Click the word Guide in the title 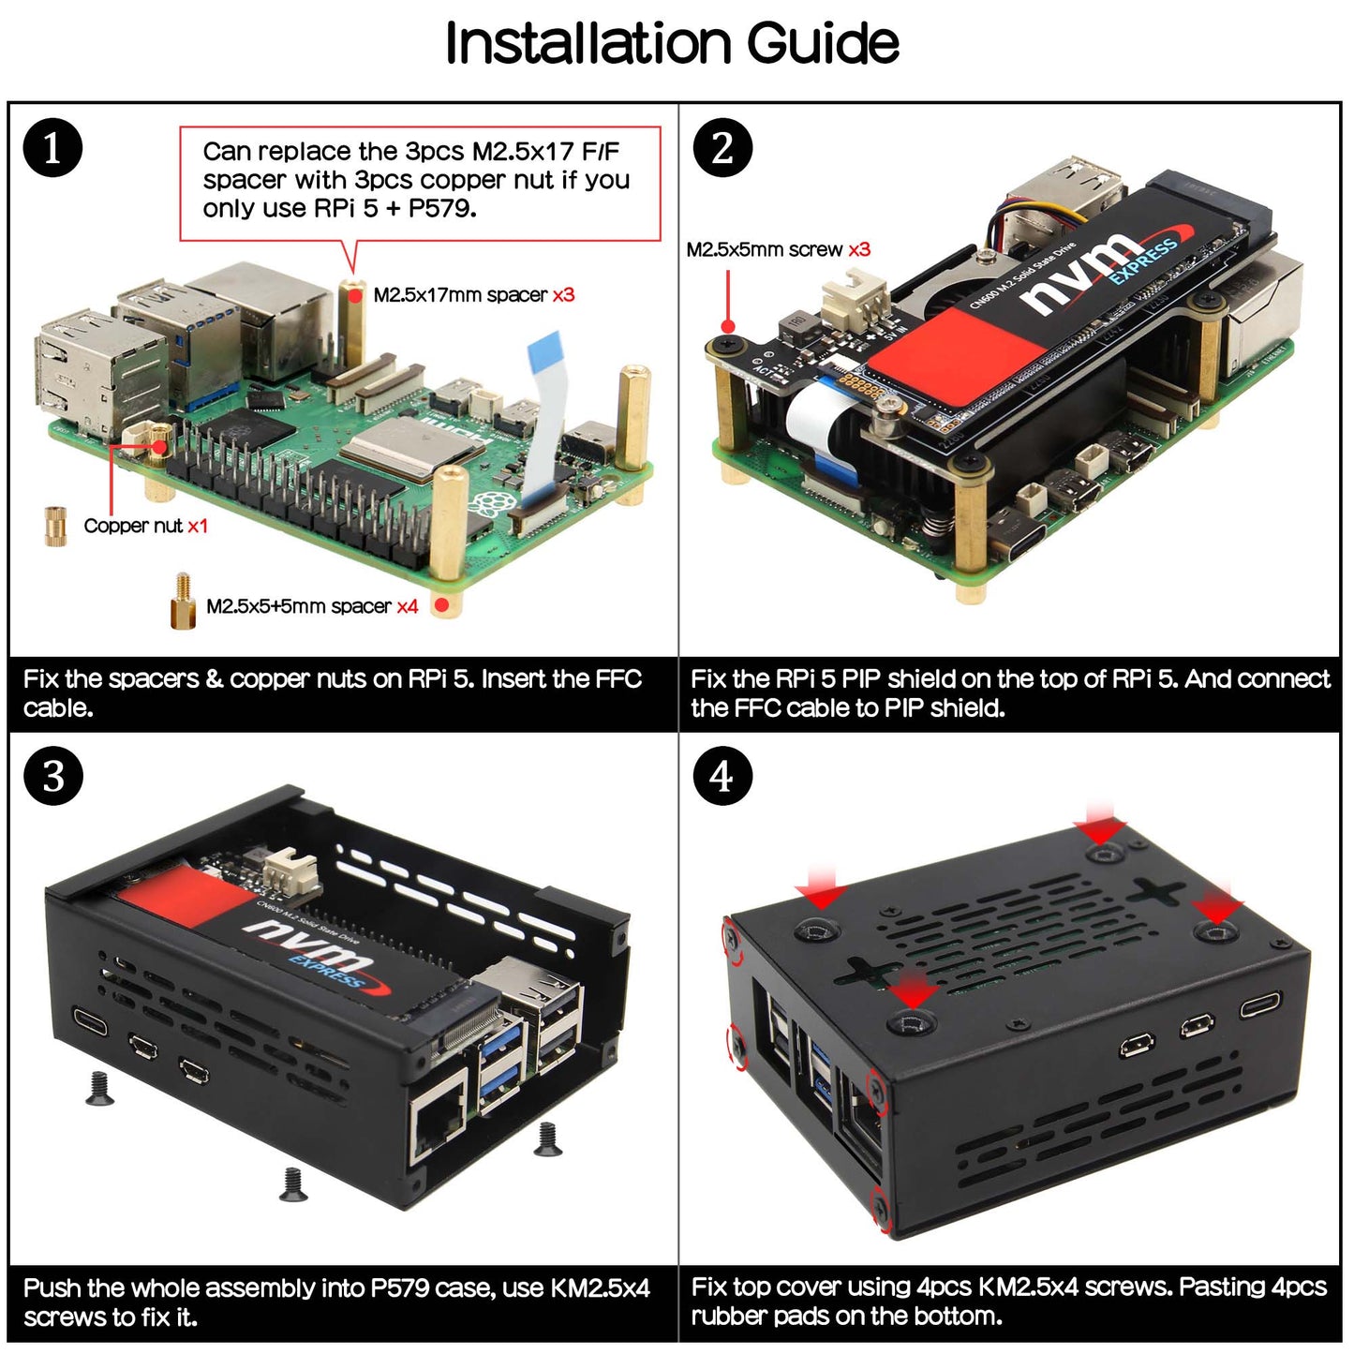click(822, 43)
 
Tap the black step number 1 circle click(52, 148)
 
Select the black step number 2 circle click(722, 148)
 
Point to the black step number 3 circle click(52, 776)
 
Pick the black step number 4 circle click(722, 776)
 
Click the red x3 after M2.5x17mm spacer click(563, 295)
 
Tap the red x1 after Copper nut click(197, 526)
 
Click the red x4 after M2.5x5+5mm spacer click(407, 606)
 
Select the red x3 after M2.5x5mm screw click(859, 249)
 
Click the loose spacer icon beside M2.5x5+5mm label click(183, 602)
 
